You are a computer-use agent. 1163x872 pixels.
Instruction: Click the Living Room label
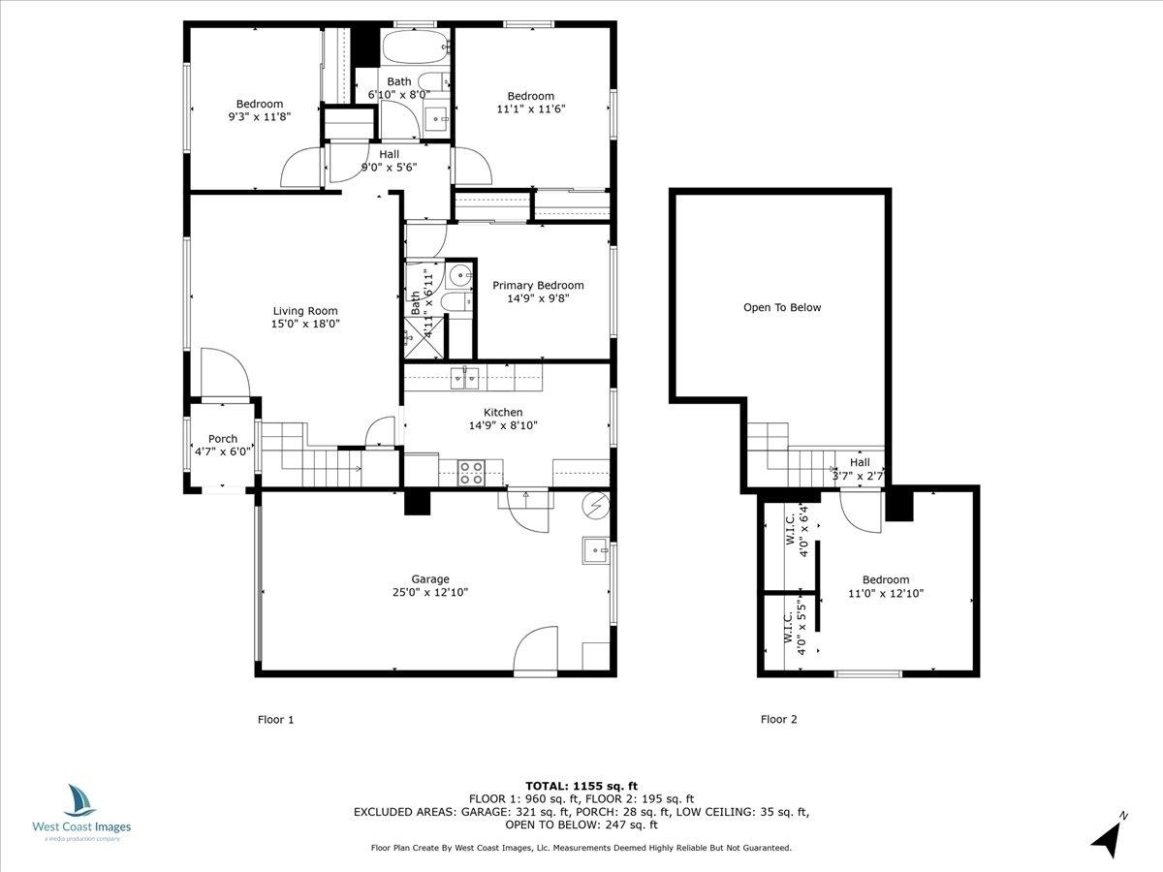point(305,311)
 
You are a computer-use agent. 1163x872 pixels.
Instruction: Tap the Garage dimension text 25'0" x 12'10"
point(430,592)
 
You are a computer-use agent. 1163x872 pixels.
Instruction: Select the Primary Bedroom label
point(538,286)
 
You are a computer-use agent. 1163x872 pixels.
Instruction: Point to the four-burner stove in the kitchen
point(471,473)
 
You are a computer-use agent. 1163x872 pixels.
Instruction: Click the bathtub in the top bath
point(416,47)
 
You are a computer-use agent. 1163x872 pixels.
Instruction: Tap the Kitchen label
point(503,412)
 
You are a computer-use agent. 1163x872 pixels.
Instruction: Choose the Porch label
point(223,438)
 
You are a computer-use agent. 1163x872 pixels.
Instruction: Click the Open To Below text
point(782,307)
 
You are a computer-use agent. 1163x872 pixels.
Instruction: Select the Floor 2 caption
point(779,719)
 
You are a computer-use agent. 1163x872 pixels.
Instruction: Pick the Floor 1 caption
point(275,720)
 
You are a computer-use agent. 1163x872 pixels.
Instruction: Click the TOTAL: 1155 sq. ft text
point(581,786)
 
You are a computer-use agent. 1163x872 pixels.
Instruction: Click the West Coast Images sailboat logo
point(80,800)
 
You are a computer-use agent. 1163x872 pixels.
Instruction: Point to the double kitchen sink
point(464,378)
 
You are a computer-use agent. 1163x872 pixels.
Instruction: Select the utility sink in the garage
point(595,550)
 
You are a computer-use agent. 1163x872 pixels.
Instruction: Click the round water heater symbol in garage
point(595,506)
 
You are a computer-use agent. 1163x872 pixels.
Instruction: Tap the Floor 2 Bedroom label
point(886,579)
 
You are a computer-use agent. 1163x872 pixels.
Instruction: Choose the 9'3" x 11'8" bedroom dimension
point(260,116)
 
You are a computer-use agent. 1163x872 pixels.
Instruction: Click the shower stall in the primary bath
point(424,338)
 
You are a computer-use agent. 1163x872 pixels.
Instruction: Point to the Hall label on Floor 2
point(860,462)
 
